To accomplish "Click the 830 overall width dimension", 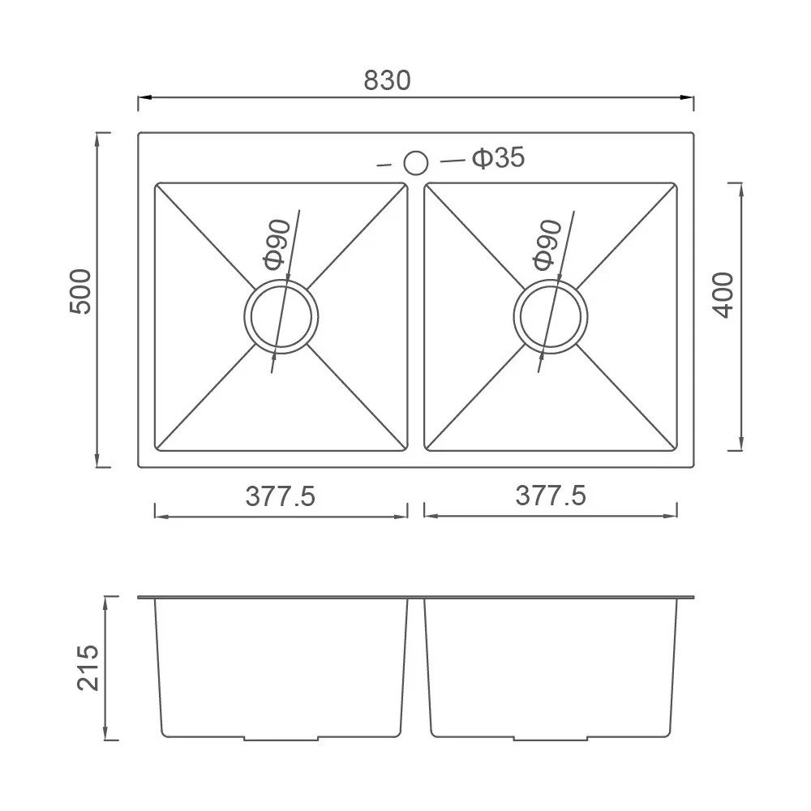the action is (387, 80).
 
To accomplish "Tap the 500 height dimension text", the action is (80, 291).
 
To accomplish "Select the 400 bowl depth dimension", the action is (723, 295).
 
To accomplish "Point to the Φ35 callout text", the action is (499, 157).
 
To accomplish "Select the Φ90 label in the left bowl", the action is (277, 245).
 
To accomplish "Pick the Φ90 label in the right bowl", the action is (547, 245).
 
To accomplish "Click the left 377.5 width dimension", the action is (281, 496).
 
